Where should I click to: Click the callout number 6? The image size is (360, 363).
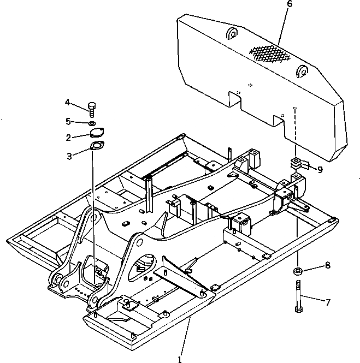tap(290, 4)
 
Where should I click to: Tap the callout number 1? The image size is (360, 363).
tap(179, 359)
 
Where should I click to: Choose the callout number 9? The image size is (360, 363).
tap(320, 170)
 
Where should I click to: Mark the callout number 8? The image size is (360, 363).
tap(328, 266)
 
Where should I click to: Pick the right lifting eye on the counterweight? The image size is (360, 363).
tap(302, 72)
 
